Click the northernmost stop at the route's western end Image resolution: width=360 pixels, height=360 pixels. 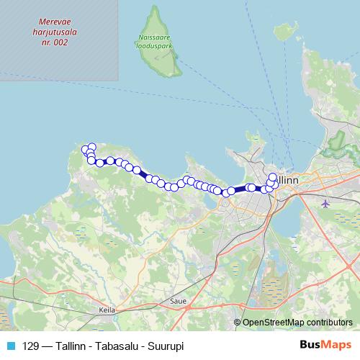click(91, 147)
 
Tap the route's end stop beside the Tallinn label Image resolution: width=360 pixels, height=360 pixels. click(273, 177)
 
